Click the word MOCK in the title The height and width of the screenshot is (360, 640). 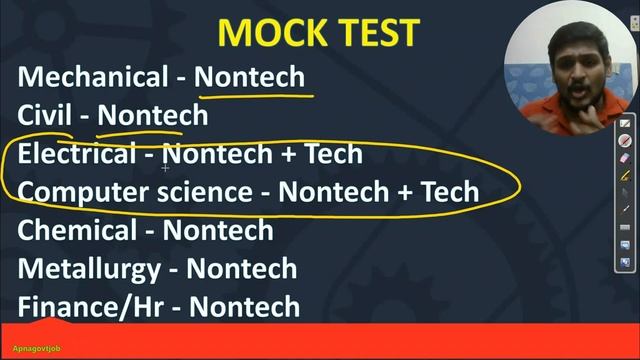click(x=266, y=32)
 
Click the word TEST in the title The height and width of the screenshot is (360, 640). click(x=371, y=32)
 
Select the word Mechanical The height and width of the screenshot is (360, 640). click(x=93, y=77)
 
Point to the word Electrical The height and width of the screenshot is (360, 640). click(x=76, y=153)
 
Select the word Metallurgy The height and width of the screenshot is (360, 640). click(x=88, y=268)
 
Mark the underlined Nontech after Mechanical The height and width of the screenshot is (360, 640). click(x=249, y=77)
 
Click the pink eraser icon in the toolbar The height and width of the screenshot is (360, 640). click(x=626, y=158)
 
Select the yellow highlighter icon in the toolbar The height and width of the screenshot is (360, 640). click(x=626, y=175)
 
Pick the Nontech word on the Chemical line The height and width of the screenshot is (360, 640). click(x=218, y=230)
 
